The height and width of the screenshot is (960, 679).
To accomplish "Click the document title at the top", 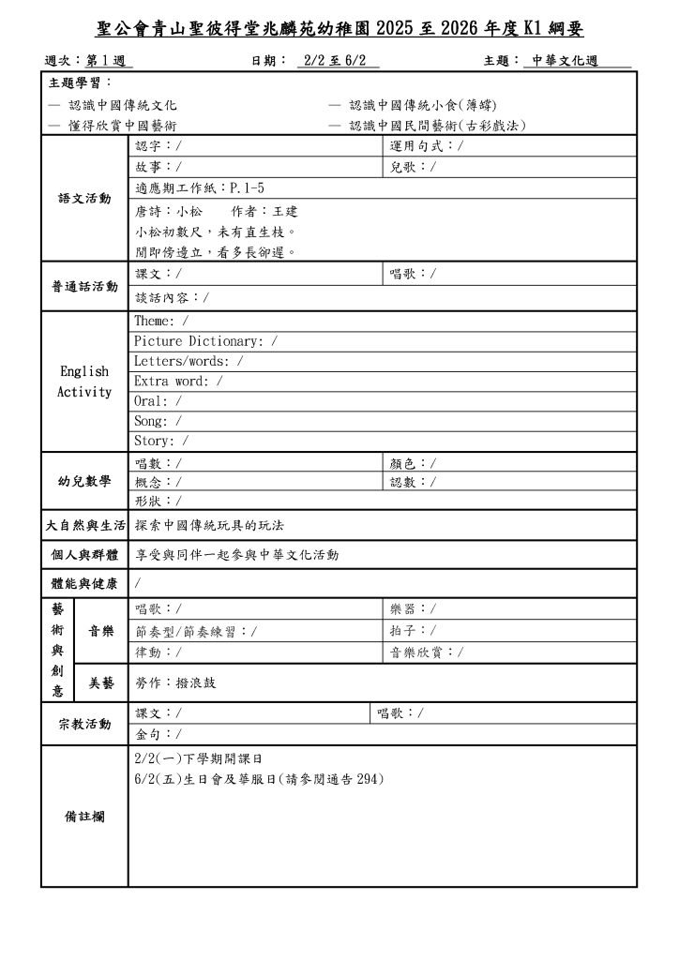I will click(339, 30).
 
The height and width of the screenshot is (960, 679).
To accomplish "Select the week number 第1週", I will click(109, 61).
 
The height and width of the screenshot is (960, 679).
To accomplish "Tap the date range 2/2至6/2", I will click(338, 61).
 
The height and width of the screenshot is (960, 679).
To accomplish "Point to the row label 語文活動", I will click(84, 199).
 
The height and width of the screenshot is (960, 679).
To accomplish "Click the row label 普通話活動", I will click(84, 286).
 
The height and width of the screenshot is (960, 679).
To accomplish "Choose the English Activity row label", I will click(84, 382).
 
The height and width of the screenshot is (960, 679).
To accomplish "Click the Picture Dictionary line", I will click(205, 341).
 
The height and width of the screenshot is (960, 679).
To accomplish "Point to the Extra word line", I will click(178, 382).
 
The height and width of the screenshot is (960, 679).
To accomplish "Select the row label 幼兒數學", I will click(84, 482).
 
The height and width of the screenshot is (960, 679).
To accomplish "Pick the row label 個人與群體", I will click(84, 555).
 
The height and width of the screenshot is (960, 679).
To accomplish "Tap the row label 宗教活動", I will click(84, 724).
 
